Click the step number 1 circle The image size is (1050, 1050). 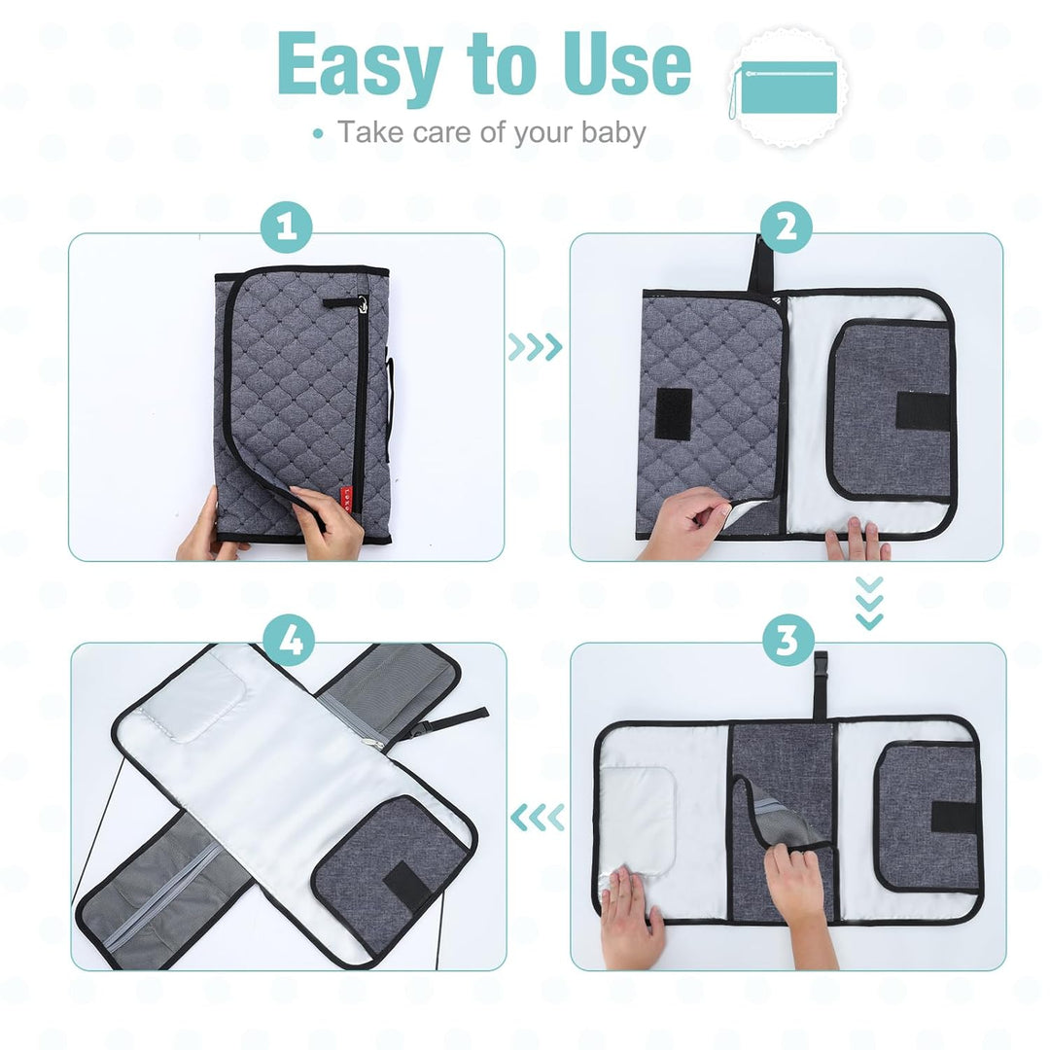[287, 227]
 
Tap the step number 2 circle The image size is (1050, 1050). [787, 227]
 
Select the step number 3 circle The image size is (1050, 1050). [788, 639]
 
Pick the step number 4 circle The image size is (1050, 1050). [289, 639]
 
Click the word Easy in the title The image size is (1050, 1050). [361, 66]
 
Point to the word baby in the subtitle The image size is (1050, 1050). [613, 132]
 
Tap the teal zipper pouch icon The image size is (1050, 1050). [785, 88]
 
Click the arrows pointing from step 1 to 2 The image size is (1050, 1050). [535, 347]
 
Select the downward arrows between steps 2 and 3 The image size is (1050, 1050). [869, 603]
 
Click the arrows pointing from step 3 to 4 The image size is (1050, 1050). [537, 818]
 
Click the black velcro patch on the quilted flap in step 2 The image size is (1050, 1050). [674, 413]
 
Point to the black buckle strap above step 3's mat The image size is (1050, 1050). [821, 685]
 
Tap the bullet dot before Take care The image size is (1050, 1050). [318, 133]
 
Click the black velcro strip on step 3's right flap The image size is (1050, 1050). [954, 817]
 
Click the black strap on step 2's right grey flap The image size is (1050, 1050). [922, 411]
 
